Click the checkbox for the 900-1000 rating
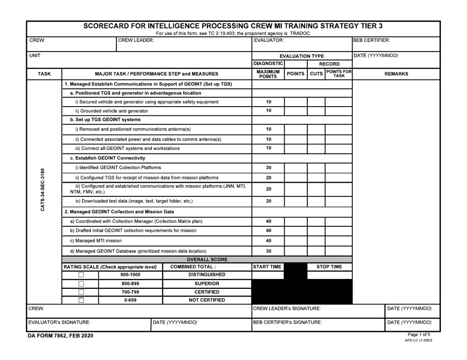pyautogui.click(x=82, y=275)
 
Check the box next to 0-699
pyautogui.click(x=82, y=300)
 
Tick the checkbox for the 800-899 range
pyautogui.click(x=82, y=283)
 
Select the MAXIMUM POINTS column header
pyautogui.click(x=268, y=74)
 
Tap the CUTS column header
pyautogui.click(x=316, y=74)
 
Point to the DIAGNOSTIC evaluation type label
pyautogui.click(x=268, y=63)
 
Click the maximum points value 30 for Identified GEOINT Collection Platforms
pyautogui.click(x=268, y=167)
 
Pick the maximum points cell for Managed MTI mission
pyautogui.click(x=268, y=241)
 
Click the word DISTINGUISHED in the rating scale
pyautogui.click(x=206, y=275)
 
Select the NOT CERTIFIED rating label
pyautogui.click(x=206, y=300)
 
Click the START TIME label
pyautogui.click(x=268, y=267)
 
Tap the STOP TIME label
pyautogui.click(x=329, y=267)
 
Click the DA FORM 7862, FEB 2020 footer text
pyautogui.click(x=59, y=336)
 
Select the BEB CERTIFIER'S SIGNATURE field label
pyautogui.click(x=288, y=323)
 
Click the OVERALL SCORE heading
pyautogui.click(x=206, y=259)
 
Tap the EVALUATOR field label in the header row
pyautogui.click(x=268, y=40)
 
